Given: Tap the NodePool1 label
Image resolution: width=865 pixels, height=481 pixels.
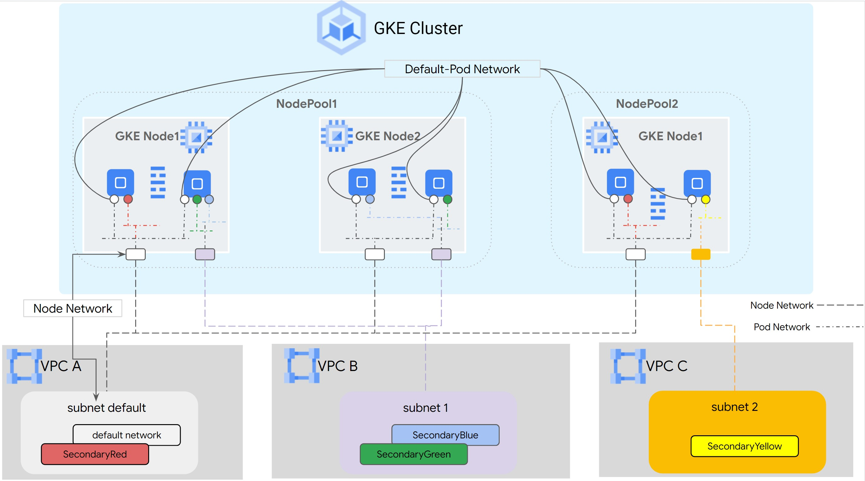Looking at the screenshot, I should (306, 104).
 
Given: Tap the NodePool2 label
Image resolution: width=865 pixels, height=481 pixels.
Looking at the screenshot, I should (646, 104).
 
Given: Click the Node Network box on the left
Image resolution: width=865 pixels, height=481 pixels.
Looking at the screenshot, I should (72, 308).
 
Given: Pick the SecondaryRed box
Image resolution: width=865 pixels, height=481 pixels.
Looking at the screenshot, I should (95, 454).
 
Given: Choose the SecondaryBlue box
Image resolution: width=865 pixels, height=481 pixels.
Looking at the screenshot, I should (445, 435).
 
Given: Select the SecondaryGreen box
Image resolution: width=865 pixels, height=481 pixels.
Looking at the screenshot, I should (413, 454).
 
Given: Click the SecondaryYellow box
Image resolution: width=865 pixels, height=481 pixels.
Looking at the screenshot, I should (744, 446).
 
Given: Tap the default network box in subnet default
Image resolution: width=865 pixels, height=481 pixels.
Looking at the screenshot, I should (127, 435).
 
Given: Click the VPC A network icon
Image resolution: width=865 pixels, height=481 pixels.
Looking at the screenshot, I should (24, 366).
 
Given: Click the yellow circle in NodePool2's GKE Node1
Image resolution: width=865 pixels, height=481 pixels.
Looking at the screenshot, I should (705, 199).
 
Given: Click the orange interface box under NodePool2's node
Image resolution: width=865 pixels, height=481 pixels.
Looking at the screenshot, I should (700, 254).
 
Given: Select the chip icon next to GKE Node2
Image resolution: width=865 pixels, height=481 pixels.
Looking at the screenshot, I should (337, 136).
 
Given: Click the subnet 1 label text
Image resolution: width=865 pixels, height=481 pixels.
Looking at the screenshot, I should (425, 407).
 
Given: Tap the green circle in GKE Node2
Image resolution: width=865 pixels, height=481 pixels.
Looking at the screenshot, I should (447, 200).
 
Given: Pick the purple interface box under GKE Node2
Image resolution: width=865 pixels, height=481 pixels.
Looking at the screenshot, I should (441, 254).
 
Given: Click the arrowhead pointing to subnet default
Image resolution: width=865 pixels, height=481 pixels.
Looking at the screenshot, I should (96, 397).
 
